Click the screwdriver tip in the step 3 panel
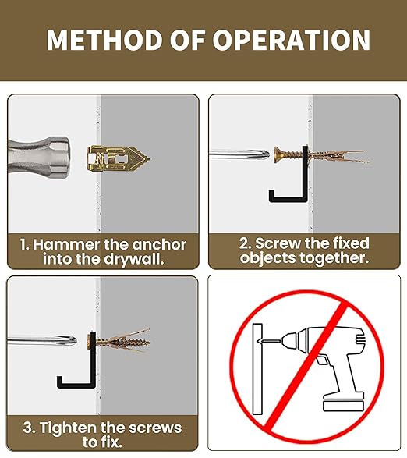[x=70, y=341]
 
